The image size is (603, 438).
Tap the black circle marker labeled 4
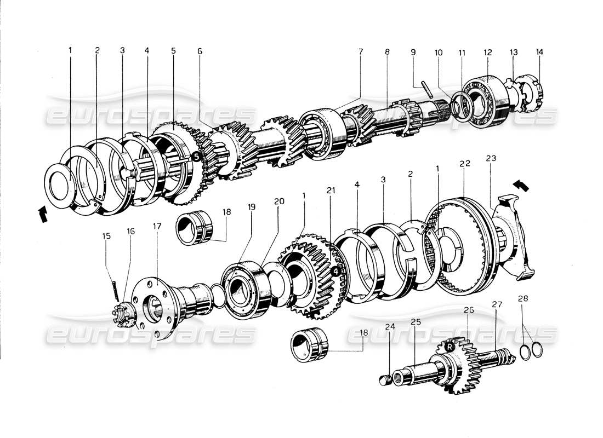[335, 270]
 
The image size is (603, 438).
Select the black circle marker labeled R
[450, 347]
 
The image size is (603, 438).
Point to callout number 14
[540, 53]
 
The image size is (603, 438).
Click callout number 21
[331, 190]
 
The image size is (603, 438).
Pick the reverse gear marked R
[458, 361]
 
